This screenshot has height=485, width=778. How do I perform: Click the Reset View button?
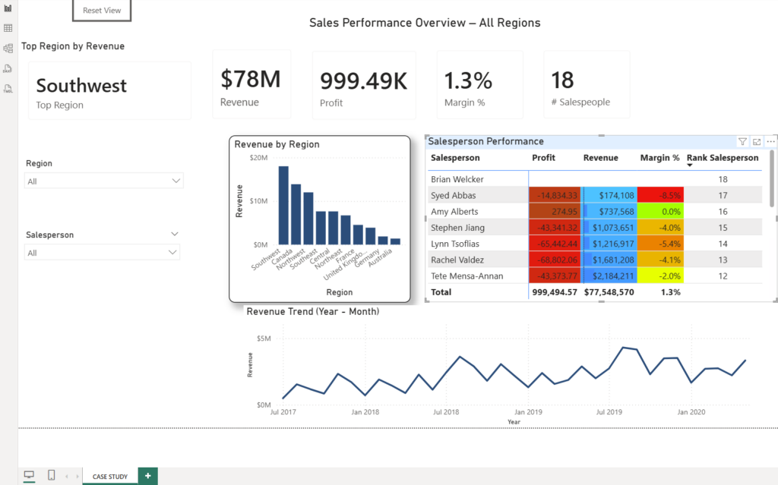click(x=102, y=11)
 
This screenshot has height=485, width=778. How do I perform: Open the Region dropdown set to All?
click(x=103, y=181)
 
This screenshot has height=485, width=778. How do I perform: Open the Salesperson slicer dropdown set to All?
click(x=103, y=253)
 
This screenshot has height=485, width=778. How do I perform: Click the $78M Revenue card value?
click(x=251, y=80)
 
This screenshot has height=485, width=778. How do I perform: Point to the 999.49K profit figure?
click(x=364, y=80)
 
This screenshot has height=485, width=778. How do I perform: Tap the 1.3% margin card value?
click(x=468, y=80)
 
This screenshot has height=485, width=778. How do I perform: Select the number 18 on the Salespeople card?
click(x=562, y=80)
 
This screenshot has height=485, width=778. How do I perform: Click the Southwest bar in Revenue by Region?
click(x=283, y=205)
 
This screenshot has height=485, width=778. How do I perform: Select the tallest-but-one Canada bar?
click(x=296, y=214)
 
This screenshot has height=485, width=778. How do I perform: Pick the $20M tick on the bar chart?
click(x=258, y=158)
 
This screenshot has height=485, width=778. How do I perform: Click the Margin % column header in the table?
click(x=659, y=158)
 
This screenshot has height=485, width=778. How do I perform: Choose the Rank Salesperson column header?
click(x=723, y=158)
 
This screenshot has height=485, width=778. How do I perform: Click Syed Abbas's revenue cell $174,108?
click(x=610, y=195)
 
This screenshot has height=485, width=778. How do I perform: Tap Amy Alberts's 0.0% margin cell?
click(x=660, y=212)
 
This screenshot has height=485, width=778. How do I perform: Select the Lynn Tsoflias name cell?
click(x=455, y=244)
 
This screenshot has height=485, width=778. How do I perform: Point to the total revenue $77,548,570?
click(x=609, y=292)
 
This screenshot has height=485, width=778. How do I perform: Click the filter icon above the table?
click(x=742, y=142)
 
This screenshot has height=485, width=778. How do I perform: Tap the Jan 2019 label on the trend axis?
click(x=528, y=412)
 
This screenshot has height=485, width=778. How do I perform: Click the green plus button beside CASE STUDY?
click(x=148, y=476)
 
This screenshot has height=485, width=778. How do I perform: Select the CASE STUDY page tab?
click(x=110, y=477)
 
